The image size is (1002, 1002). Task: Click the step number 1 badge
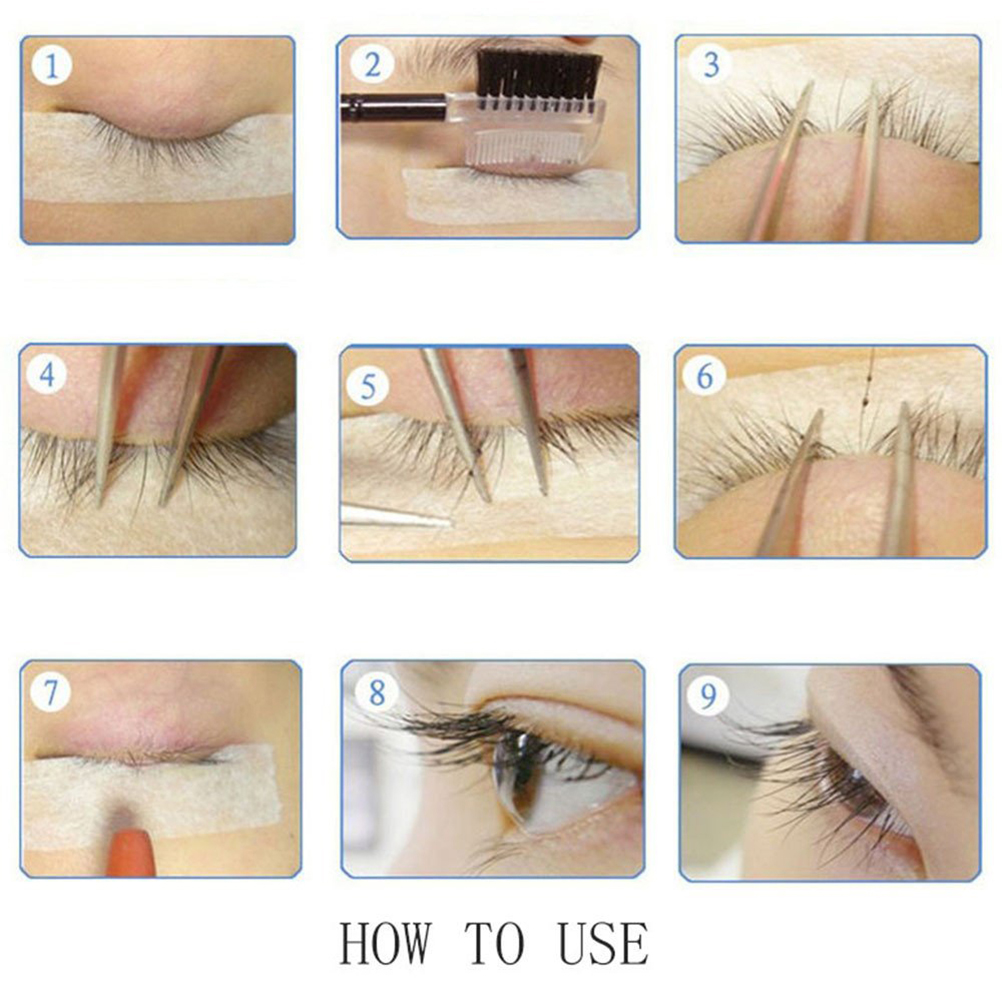(50, 66)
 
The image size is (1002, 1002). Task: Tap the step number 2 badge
(373, 64)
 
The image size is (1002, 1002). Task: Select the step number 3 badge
(711, 65)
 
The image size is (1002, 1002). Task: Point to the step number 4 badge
(47, 374)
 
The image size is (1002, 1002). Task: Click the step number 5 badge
(368, 386)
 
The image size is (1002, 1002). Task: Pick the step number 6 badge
(704, 375)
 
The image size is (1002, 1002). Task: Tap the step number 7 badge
(50, 691)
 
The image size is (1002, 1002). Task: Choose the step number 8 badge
(377, 693)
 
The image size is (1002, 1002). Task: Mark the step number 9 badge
(708, 695)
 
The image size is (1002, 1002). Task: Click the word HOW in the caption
(385, 943)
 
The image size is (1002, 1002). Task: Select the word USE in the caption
(603, 943)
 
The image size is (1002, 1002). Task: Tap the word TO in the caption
(495, 943)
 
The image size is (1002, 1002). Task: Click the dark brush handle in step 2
(393, 107)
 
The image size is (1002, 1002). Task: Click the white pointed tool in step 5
(396, 516)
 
